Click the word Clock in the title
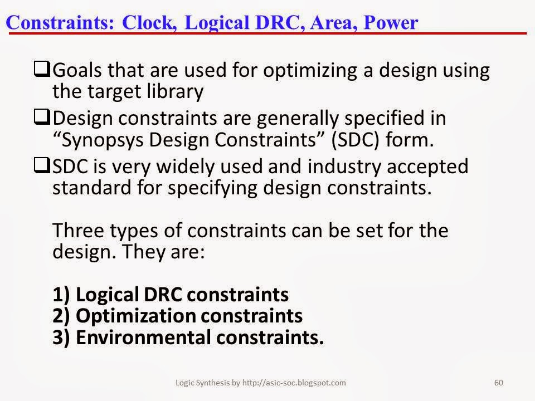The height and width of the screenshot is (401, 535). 148,23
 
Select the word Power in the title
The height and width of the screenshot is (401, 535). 391,23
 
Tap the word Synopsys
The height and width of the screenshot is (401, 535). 103,140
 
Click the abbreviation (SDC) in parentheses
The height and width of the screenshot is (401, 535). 355,140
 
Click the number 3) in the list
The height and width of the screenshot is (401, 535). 61,338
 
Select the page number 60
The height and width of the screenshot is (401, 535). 498,383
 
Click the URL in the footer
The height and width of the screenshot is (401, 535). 294,383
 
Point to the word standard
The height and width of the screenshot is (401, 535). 92,188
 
